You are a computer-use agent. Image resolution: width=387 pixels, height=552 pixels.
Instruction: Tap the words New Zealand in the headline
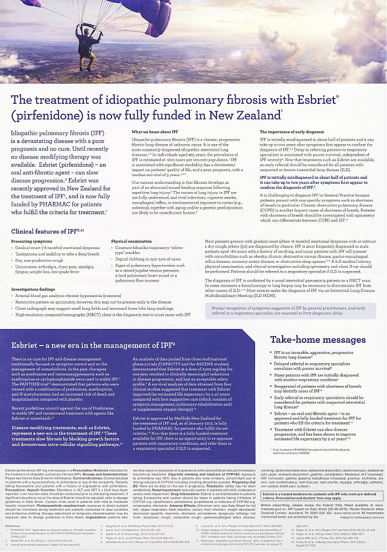(x=244, y=116)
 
